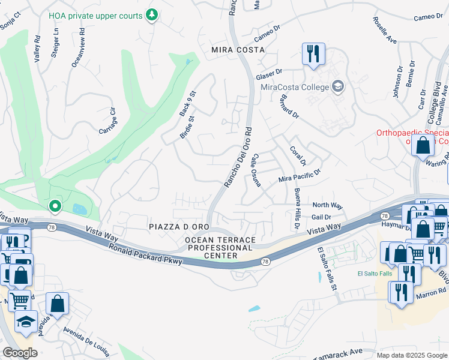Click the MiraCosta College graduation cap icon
(338, 87)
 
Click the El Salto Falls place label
(375, 274)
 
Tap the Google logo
(20, 353)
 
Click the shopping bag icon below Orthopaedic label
(424, 145)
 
